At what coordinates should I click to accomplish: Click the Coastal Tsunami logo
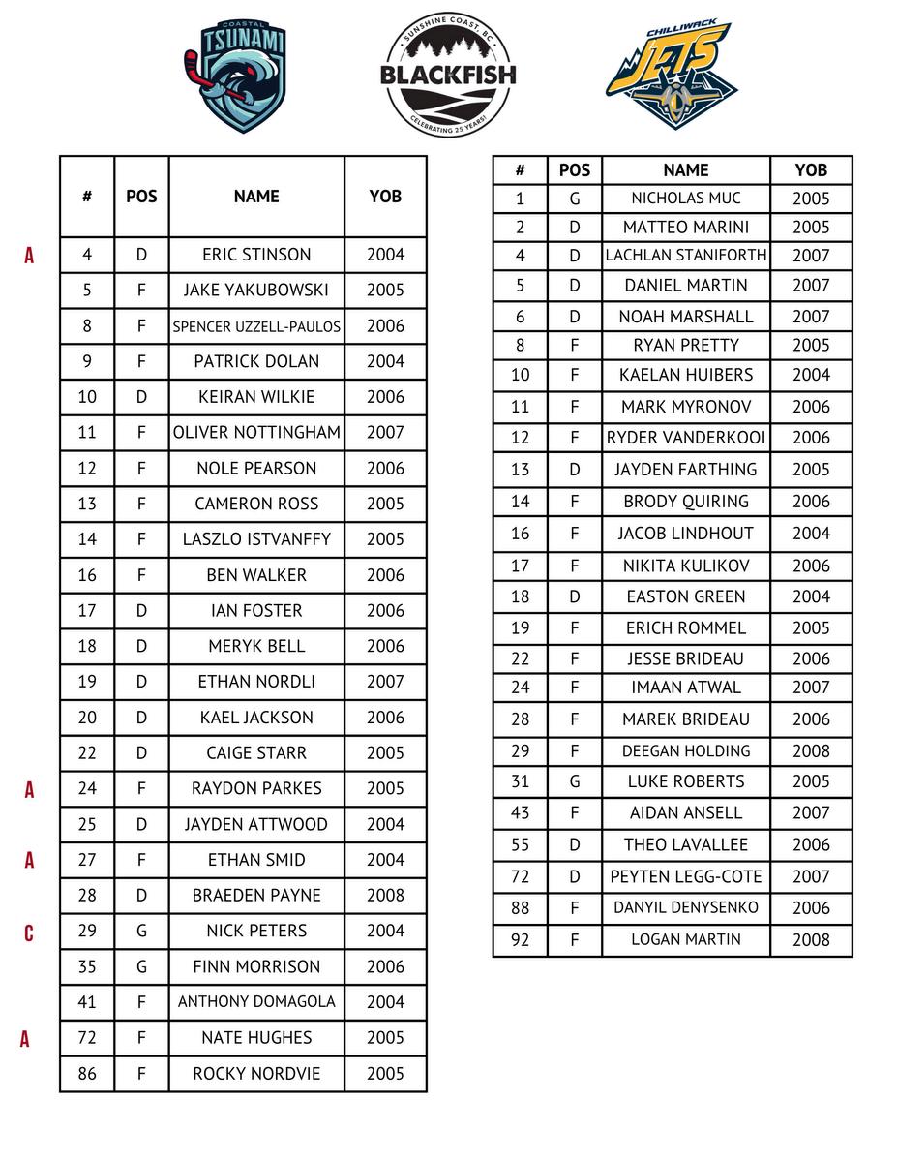(x=235, y=76)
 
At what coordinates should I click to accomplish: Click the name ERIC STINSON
(x=256, y=255)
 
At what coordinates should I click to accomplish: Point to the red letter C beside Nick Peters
(x=29, y=933)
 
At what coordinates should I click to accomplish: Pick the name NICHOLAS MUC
(x=686, y=199)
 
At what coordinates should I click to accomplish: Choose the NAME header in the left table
(x=256, y=196)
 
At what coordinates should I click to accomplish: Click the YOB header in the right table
(x=811, y=169)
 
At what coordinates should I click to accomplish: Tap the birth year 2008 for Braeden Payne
(x=385, y=895)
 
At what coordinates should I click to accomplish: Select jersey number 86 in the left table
(x=87, y=1073)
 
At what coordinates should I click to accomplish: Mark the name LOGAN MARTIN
(x=686, y=939)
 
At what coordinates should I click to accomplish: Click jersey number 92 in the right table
(x=520, y=939)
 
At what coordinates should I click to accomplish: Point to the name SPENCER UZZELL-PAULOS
(x=256, y=326)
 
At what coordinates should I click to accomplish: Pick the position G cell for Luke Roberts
(x=574, y=781)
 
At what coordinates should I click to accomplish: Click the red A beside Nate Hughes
(x=25, y=1039)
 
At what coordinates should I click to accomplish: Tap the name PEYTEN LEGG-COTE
(x=686, y=876)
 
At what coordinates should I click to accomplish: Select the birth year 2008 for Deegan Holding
(x=811, y=750)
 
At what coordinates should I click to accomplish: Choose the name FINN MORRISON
(x=256, y=966)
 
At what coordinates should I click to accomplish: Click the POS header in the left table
(x=141, y=196)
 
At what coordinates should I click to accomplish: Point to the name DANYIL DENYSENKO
(x=686, y=907)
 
